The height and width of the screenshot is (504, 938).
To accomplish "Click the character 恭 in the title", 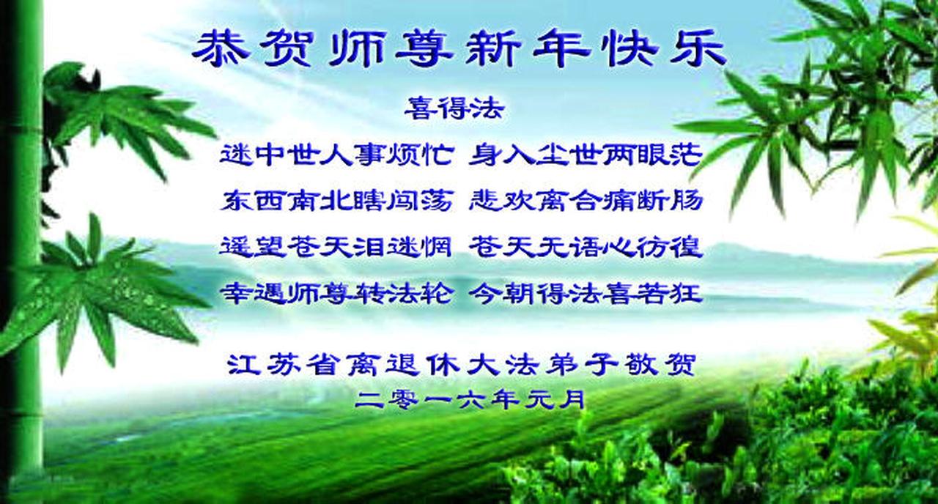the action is point(221,51).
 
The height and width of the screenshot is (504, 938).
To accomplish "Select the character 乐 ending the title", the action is point(698,51).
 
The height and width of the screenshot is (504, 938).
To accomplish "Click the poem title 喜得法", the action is point(454,109).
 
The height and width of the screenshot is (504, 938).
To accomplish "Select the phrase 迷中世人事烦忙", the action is point(336,155).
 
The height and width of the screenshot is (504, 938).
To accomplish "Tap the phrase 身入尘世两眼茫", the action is point(585,155).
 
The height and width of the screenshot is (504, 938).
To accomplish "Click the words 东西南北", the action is point(287,201).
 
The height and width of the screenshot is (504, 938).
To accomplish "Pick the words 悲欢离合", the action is point(535,201).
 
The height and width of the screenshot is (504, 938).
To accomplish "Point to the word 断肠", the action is point(669,201).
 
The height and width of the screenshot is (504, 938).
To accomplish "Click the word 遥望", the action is point(253,247).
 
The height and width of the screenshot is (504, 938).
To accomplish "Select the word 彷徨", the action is point(669,247).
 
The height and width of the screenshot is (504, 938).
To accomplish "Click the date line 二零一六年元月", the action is point(469,399).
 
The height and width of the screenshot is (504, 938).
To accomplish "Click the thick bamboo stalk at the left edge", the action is point(22,251).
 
